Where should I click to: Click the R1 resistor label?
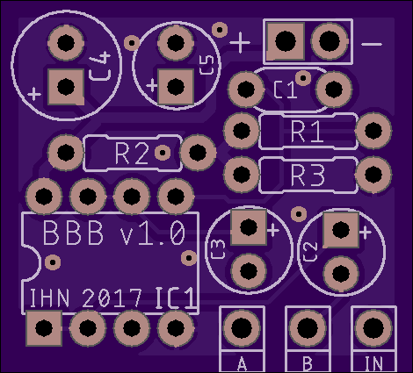pyautogui.click(x=307, y=131)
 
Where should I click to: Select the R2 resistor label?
pyautogui.click(x=132, y=153)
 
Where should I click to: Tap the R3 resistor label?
pyautogui.click(x=308, y=175)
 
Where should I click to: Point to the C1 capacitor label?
pyautogui.click(x=286, y=90)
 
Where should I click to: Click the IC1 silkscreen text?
pyautogui.click(x=175, y=298)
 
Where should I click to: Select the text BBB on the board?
pyautogui.click(x=73, y=233)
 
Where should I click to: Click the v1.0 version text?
pyautogui.click(x=153, y=233)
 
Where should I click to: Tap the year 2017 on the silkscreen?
pyautogui.click(x=112, y=298)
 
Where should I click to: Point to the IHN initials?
pyautogui.click(x=50, y=298)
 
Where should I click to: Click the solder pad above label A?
pyautogui.click(x=242, y=328)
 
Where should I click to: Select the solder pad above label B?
pyautogui.click(x=308, y=328)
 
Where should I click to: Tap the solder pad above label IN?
pyautogui.click(x=373, y=328)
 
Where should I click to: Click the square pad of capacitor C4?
pyautogui.click(x=66, y=87)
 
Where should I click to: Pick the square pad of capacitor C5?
pyautogui.click(x=176, y=87)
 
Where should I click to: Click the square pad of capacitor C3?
pyautogui.click(x=249, y=226)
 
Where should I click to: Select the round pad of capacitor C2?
pyautogui.click(x=341, y=273)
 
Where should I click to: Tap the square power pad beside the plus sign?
pyautogui.click(x=286, y=41)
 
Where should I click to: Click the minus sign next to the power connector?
pyautogui.click(x=372, y=45)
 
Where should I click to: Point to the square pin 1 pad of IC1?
pyautogui.click(x=44, y=328)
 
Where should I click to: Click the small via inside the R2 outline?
pyautogui.click(x=163, y=153)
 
